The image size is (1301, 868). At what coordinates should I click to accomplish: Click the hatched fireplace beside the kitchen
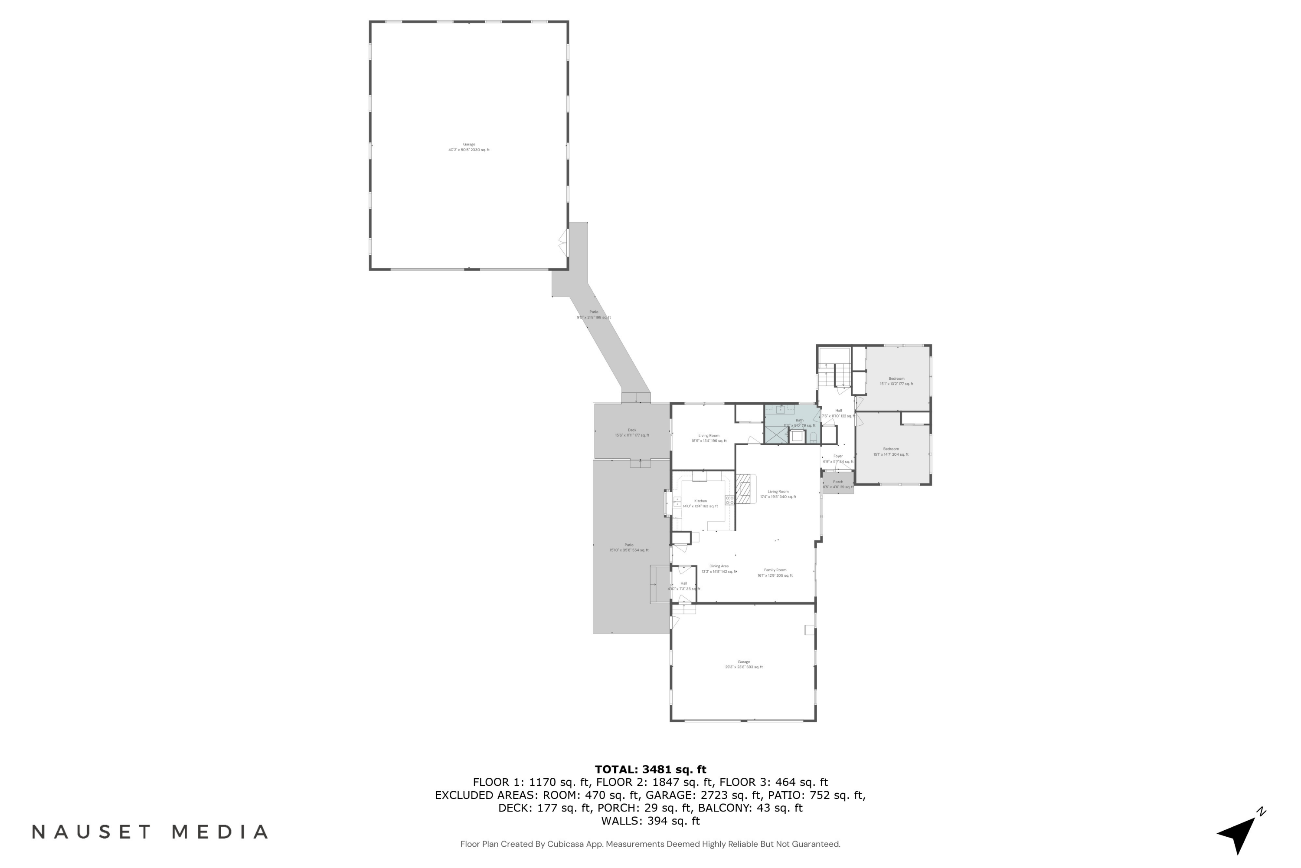click(745, 489)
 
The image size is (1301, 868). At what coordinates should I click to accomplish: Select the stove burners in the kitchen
click(729, 500)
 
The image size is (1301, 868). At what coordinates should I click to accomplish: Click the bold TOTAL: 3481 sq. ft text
click(650, 769)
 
